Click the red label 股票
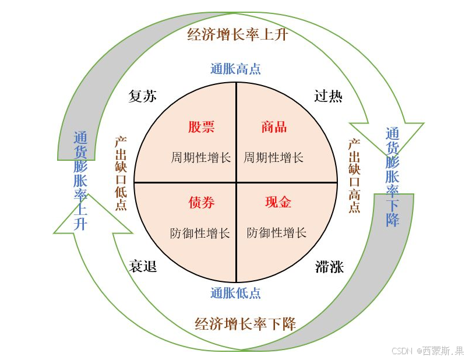click(201, 127)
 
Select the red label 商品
click(274, 127)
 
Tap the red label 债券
click(201, 202)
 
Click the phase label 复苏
click(143, 96)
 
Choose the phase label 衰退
click(143, 267)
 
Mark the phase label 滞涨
click(329, 267)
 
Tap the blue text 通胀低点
click(235, 293)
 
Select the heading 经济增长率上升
click(238, 34)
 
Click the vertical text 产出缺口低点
click(121, 174)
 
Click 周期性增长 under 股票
click(201, 157)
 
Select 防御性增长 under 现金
click(277, 233)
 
